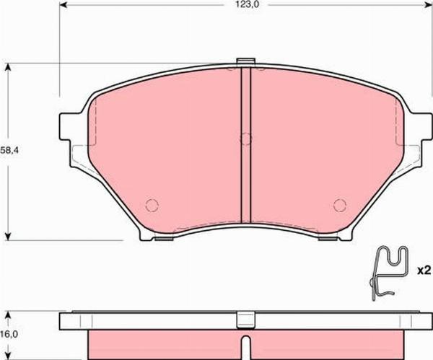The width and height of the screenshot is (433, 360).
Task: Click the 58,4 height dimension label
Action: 8,152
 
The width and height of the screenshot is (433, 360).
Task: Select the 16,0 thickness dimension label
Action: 7,335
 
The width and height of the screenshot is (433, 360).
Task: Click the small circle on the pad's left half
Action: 152,204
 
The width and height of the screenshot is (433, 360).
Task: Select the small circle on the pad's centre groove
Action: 245,139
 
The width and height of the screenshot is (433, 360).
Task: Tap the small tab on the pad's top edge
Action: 245,62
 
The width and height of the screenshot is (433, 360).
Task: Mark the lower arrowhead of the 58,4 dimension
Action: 9,236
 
